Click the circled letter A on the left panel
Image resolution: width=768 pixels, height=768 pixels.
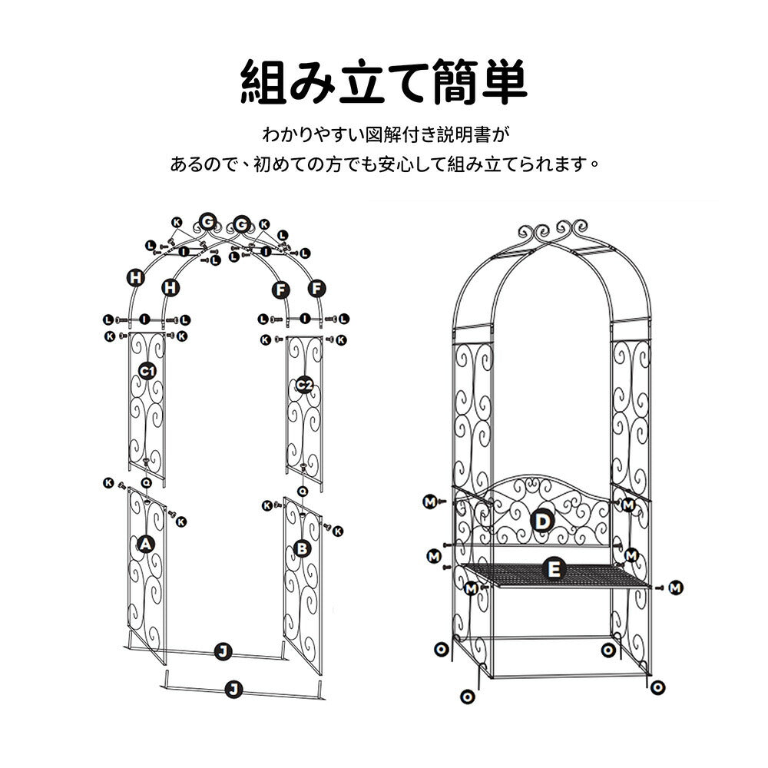point(145,544)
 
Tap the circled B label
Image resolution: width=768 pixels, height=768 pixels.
point(302,548)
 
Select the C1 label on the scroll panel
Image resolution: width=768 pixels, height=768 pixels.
point(147,371)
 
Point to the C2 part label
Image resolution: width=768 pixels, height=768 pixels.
point(304,385)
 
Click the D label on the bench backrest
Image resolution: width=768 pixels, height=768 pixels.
point(542,521)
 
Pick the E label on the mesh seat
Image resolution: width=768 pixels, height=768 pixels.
point(554,569)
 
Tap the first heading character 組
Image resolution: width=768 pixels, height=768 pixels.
point(263,82)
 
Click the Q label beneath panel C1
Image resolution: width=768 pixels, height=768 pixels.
point(147,483)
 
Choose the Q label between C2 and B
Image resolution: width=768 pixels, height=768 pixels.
point(303,490)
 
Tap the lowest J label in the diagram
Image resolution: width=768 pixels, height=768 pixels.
point(233,690)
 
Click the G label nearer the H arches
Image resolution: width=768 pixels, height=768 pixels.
point(207,223)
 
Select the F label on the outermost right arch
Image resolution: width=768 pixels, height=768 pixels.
point(317,289)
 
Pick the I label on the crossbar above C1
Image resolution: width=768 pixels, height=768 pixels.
point(144,319)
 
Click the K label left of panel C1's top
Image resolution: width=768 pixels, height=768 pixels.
point(110,336)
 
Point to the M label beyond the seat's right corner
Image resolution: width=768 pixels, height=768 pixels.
point(676,588)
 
